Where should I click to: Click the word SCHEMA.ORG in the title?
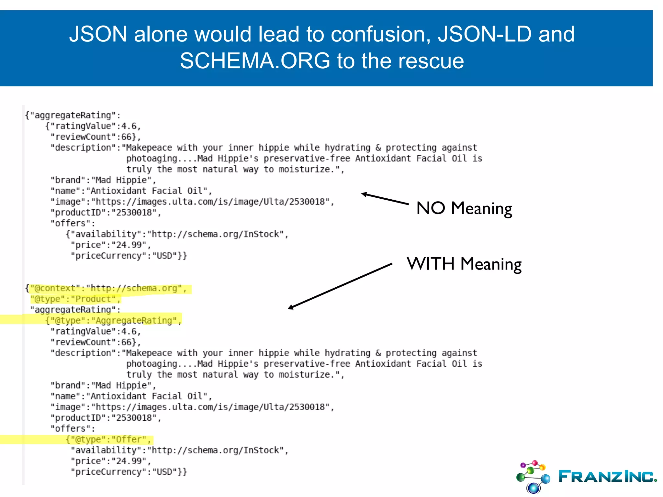coord(255,61)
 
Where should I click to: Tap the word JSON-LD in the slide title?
coord(485,34)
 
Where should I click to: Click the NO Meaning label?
coord(464,208)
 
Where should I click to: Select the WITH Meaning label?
coord(464,264)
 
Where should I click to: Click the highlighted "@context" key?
coord(55,288)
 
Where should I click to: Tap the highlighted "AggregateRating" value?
coord(134,321)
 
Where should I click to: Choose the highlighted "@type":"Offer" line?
coord(109,439)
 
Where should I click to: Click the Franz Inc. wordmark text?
coord(607,477)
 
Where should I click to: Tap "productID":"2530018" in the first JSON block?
coord(106,213)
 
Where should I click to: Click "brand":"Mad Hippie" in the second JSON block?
coord(103,385)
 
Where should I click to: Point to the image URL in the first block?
coord(212,202)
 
